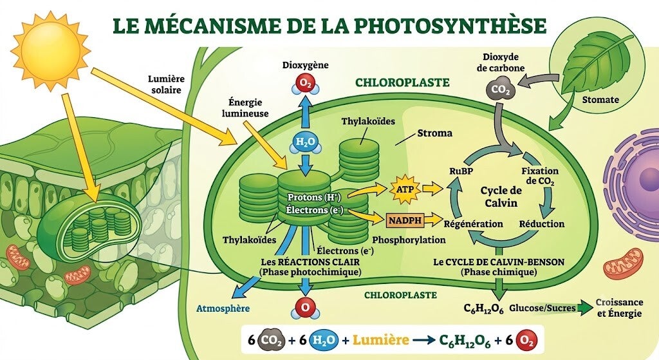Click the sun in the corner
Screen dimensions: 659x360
[x=50, y=50]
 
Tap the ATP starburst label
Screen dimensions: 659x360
[x=405, y=189]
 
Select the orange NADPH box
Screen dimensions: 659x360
[x=404, y=220]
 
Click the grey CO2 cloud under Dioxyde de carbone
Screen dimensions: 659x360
[x=500, y=89]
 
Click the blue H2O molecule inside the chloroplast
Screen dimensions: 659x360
[x=306, y=142]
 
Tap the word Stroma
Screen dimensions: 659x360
[x=434, y=133]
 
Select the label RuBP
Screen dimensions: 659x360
[x=461, y=171]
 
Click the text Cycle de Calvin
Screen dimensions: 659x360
[x=501, y=196]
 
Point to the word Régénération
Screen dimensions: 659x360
[x=473, y=223]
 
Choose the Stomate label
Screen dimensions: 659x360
[x=600, y=100]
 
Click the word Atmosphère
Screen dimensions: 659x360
[x=223, y=308]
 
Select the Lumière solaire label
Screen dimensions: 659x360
[x=166, y=84]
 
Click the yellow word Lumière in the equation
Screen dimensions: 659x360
[x=381, y=340]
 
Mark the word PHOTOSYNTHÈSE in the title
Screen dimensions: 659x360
[x=450, y=25]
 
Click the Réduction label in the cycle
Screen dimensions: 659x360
[x=542, y=223]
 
